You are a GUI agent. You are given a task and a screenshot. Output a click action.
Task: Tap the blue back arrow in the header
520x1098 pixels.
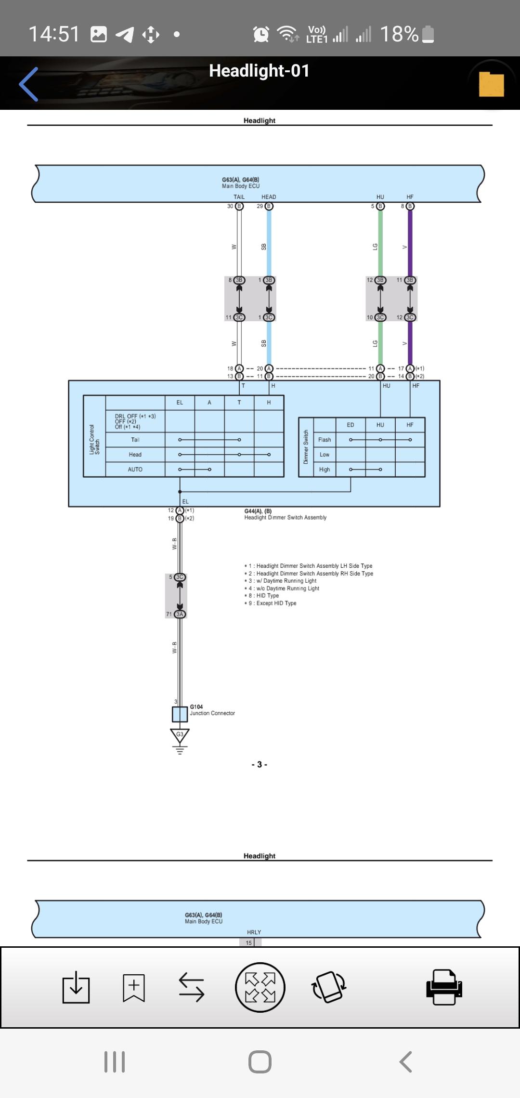pyautogui.click(x=29, y=84)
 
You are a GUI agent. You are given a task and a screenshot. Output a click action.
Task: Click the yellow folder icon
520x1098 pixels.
pyautogui.click(x=491, y=84)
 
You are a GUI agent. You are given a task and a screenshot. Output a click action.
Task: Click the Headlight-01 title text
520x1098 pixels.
pyautogui.click(x=259, y=71)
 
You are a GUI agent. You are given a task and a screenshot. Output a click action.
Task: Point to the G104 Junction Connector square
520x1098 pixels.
pyautogui.click(x=180, y=714)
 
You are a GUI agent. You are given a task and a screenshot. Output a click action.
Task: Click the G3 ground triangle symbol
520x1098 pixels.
pyautogui.click(x=180, y=735)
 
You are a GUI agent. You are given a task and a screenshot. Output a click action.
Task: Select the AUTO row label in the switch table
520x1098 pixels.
pyautogui.click(x=135, y=470)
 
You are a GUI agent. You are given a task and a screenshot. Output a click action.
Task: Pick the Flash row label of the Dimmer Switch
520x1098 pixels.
pyautogui.click(x=325, y=440)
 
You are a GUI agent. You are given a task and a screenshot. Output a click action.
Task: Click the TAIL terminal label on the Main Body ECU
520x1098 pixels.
pyautogui.click(x=239, y=197)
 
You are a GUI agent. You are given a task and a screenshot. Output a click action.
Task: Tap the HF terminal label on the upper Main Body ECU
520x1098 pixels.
pyautogui.click(x=410, y=197)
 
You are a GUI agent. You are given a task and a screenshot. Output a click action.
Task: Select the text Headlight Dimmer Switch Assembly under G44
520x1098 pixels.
pyautogui.click(x=285, y=518)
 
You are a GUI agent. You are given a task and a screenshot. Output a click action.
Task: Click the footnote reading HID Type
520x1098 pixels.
pyautogui.click(x=264, y=596)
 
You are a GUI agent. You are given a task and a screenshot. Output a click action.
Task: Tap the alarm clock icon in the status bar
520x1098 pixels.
pyautogui.click(x=261, y=34)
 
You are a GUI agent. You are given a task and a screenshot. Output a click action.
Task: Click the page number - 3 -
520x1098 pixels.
pyautogui.click(x=259, y=765)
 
